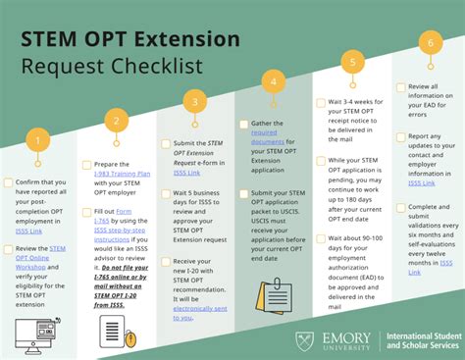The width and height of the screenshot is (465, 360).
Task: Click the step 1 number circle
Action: (36, 141)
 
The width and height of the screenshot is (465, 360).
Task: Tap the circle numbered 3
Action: (195, 101)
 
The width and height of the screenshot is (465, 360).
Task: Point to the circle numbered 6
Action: (427, 42)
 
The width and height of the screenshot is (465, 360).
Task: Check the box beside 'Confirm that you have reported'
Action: (9, 182)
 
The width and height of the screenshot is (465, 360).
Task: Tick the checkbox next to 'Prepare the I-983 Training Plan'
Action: (86, 165)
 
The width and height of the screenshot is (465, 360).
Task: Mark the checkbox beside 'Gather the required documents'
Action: (242, 125)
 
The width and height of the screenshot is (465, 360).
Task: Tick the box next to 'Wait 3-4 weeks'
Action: (321, 102)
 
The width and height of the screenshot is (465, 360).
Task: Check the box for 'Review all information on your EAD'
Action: (399, 86)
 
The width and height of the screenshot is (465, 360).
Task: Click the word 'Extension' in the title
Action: (184, 39)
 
